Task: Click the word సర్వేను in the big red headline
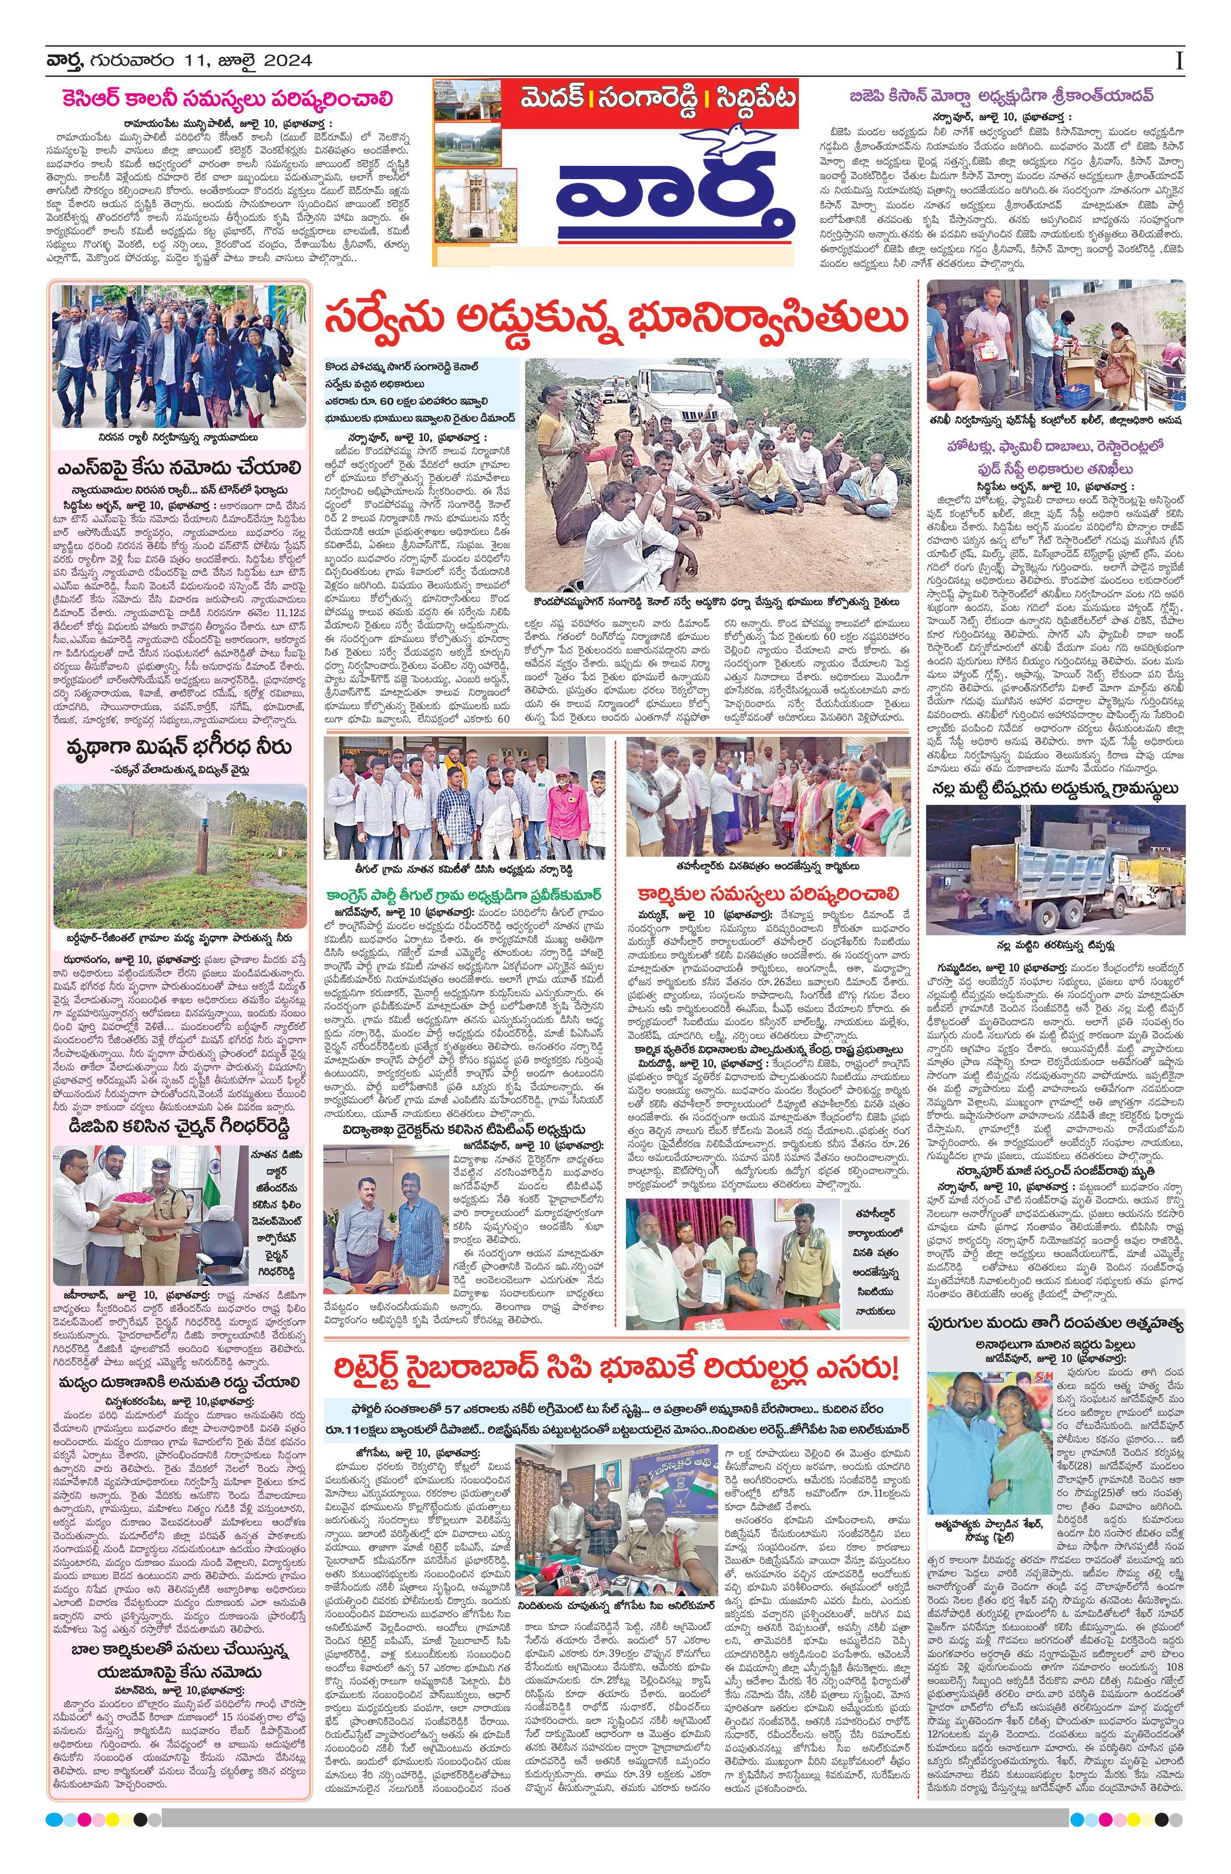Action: [x=386, y=320]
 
